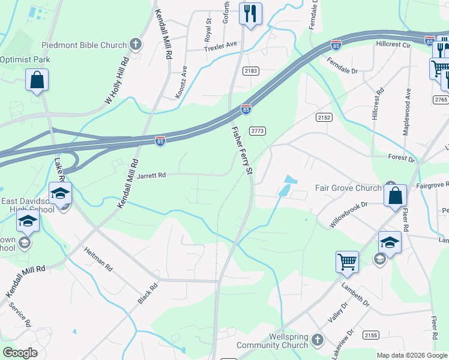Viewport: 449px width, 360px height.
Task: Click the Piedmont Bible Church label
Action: (x=84, y=45)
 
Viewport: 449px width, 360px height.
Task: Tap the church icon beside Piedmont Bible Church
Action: (x=136, y=44)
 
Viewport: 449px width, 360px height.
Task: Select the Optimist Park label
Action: (x=25, y=59)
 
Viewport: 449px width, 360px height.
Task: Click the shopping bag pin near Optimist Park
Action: (x=37, y=80)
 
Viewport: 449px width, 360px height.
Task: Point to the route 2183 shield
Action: (x=251, y=71)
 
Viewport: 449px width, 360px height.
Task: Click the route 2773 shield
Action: (x=258, y=131)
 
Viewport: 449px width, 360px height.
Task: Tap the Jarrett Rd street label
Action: (x=151, y=176)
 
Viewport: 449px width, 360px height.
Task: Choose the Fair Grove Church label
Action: (x=348, y=188)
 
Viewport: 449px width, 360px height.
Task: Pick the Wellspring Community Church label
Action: (x=272, y=340)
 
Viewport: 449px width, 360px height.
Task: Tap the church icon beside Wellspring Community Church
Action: (x=318, y=340)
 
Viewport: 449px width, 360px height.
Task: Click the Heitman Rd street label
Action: (x=98, y=259)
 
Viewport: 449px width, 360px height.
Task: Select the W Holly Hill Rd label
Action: (x=117, y=81)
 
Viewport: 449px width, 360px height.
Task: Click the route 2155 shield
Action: (x=371, y=335)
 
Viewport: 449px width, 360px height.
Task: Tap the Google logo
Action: (x=20, y=353)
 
